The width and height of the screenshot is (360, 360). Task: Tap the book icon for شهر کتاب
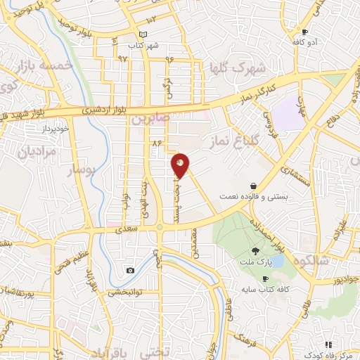click(143, 35)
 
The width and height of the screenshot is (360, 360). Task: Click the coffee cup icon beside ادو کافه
click(304, 32)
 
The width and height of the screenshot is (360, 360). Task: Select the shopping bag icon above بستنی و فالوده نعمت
click(252, 186)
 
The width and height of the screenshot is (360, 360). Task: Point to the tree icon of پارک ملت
click(255, 251)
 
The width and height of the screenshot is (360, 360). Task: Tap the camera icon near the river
click(130, 270)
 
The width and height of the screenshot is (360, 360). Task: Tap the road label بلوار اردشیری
click(104, 110)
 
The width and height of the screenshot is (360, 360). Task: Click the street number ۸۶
click(156, 143)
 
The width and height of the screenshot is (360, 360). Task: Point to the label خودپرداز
click(53, 129)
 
